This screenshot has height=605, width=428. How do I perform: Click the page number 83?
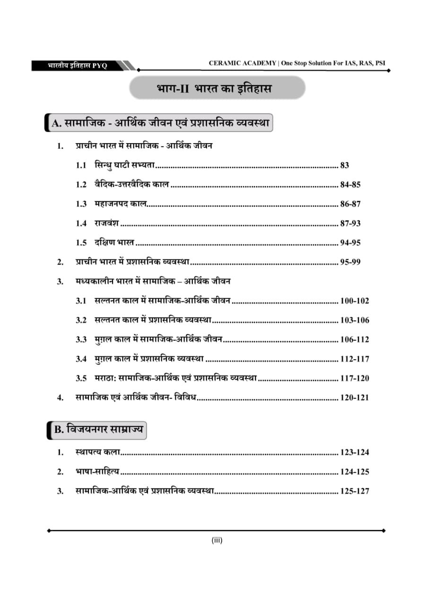point(344,165)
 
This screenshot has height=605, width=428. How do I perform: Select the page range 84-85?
point(350,185)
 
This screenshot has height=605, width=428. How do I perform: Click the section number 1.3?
point(81,204)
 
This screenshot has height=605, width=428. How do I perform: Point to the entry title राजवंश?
point(106,223)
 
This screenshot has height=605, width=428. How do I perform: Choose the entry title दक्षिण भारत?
point(114,242)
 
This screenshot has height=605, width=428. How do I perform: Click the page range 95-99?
point(350,262)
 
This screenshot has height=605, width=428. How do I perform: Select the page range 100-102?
point(354,301)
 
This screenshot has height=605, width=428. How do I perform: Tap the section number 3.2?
point(81,320)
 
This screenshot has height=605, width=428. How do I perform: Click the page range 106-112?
point(354,339)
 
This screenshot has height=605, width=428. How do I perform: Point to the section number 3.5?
point(81,378)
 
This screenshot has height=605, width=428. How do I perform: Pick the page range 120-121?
point(354,398)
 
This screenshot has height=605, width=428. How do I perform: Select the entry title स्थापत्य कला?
point(97,452)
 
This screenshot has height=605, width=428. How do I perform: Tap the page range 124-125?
point(354,472)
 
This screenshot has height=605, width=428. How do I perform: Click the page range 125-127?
point(354,491)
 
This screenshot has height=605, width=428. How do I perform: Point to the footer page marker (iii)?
point(217,540)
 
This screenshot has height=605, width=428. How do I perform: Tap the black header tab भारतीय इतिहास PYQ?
point(78,66)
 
